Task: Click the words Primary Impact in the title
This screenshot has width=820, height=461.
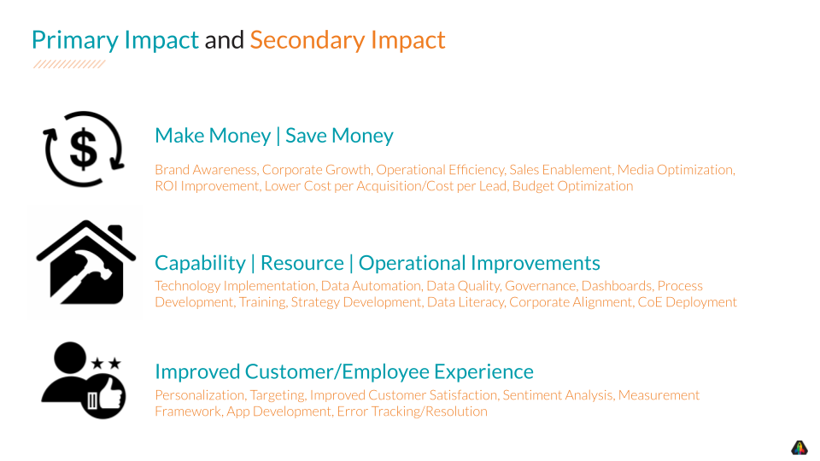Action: tap(114, 39)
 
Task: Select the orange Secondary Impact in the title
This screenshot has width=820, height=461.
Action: tap(348, 39)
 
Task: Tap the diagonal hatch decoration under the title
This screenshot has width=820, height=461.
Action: tap(68, 64)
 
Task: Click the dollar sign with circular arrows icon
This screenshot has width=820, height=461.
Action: tap(84, 149)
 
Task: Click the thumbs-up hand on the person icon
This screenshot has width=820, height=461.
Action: tap(109, 396)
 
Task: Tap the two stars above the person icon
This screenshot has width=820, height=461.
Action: tap(106, 364)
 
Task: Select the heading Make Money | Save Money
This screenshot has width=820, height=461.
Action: tap(274, 136)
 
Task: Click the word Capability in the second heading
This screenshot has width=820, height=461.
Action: tap(199, 263)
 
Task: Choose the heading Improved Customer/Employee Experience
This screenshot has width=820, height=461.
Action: tap(343, 371)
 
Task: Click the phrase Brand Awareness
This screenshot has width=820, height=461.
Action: tap(206, 170)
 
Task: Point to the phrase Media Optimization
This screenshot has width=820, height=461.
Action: tap(675, 170)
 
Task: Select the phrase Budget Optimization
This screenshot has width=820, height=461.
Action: tap(572, 186)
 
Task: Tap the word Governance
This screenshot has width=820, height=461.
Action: tap(541, 286)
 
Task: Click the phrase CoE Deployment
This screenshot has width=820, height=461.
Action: tap(687, 302)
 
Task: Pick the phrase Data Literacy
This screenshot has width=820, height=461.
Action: tap(465, 302)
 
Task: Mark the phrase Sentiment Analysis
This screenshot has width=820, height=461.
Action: tap(557, 395)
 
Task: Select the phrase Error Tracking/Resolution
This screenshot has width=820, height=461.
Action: tap(412, 411)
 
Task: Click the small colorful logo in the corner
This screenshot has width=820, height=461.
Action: tap(799, 447)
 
